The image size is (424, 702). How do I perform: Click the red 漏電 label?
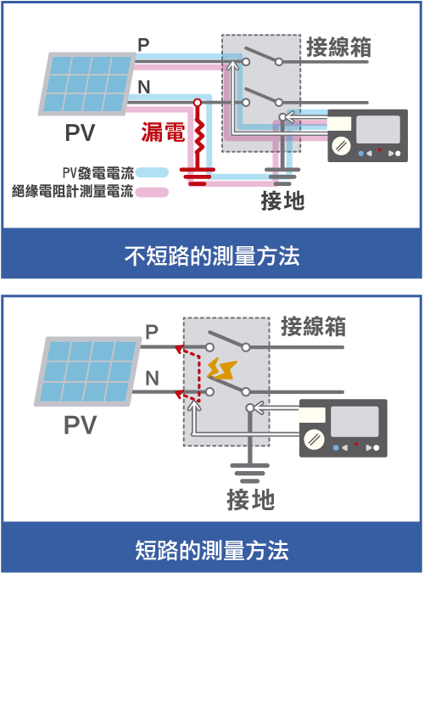tap(164, 132)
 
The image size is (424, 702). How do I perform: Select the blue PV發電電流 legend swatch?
tap(152, 172)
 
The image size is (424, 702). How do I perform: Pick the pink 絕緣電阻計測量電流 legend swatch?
tap(152, 192)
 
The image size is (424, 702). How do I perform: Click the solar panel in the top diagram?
tap(87, 84)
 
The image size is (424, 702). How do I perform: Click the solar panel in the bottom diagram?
tap(88, 371)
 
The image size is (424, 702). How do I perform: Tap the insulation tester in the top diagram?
tap(368, 135)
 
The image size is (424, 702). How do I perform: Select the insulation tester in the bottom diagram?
tap(343, 428)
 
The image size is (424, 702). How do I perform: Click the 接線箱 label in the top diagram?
tap(338, 47)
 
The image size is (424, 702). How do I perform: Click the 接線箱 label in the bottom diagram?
tap(313, 326)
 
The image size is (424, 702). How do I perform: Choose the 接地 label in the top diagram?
tap(282, 201)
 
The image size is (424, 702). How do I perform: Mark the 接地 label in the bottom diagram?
tap(250, 500)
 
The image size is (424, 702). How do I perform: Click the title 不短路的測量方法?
tap(212, 256)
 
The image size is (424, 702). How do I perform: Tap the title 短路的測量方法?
tap(212, 550)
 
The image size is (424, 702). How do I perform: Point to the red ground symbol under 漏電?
tap(198, 176)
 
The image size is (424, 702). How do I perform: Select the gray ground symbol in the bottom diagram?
tap(249, 473)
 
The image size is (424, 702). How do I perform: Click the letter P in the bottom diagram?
tap(152, 332)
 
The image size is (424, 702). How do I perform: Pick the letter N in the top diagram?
tap(143, 87)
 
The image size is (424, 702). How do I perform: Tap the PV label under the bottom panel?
tap(80, 425)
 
